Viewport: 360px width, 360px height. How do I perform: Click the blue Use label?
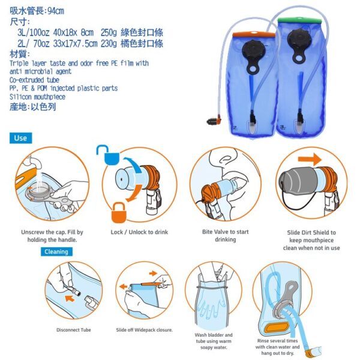[20, 138]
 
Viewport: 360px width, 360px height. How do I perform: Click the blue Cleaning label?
[56, 251]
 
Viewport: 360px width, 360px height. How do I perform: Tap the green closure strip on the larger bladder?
[299, 20]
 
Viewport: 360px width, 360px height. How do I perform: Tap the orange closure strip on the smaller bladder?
[254, 34]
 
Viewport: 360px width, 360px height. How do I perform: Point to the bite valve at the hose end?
[214, 121]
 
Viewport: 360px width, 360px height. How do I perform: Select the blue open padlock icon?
[107, 155]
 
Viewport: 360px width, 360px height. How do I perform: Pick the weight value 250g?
[109, 32]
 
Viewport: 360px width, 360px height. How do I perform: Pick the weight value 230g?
[109, 43]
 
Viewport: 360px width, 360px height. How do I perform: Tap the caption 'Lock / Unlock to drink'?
[139, 232]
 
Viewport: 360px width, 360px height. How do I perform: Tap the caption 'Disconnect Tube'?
[74, 330]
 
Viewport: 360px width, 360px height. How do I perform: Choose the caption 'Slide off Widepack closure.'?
[144, 330]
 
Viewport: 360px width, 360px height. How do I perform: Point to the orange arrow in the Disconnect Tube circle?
[70, 298]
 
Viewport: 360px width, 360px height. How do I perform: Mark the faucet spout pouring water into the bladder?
[34, 163]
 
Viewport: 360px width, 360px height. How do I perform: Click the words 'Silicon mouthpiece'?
[37, 97]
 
